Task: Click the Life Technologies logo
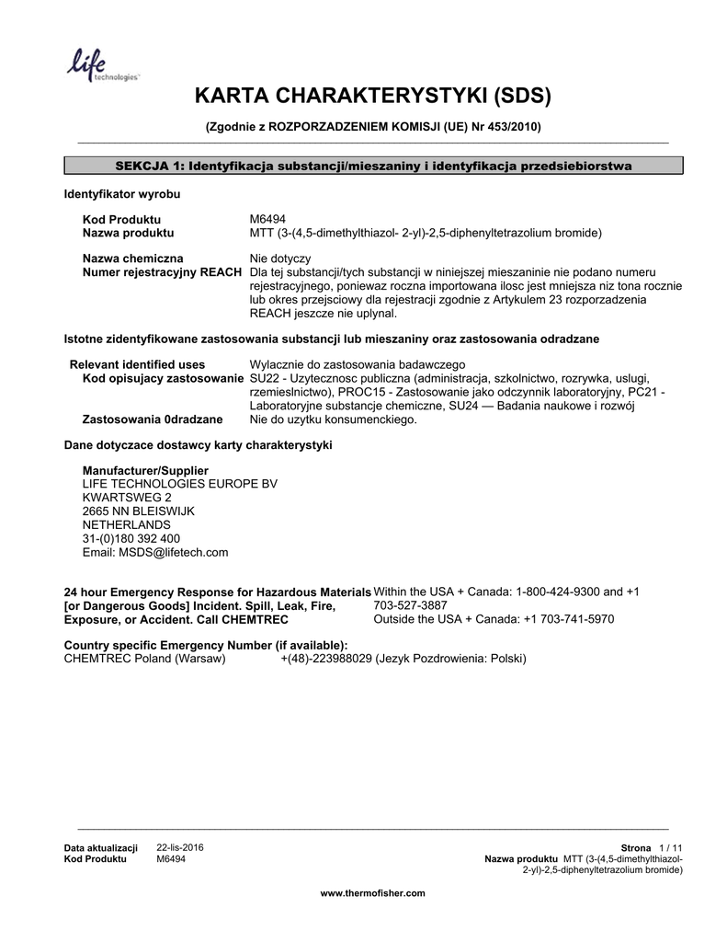pyautogui.click(x=101, y=66)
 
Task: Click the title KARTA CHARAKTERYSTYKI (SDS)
pyautogui.click(x=373, y=97)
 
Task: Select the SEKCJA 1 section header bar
pyautogui.click(x=373, y=166)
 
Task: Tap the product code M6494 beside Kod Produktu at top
pyautogui.click(x=267, y=220)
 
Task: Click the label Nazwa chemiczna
pyautogui.click(x=132, y=259)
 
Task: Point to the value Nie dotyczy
pyautogui.click(x=280, y=259)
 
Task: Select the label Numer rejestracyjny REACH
pyautogui.click(x=163, y=273)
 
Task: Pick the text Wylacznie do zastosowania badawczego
pyautogui.click(x=358, y=364)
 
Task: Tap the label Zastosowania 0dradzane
pyautogui.click(x=153, y=419)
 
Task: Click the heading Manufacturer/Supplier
pyautogui.click(x=139, y=470)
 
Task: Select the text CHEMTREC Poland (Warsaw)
pyautogui.click(x=144, y=660)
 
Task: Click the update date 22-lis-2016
pyautogui.click(x=180, y=846)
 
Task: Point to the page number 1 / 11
pyautogui.click(x=670, y=847)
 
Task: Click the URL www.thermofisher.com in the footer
pyautogui.click(x=372, y=893)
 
